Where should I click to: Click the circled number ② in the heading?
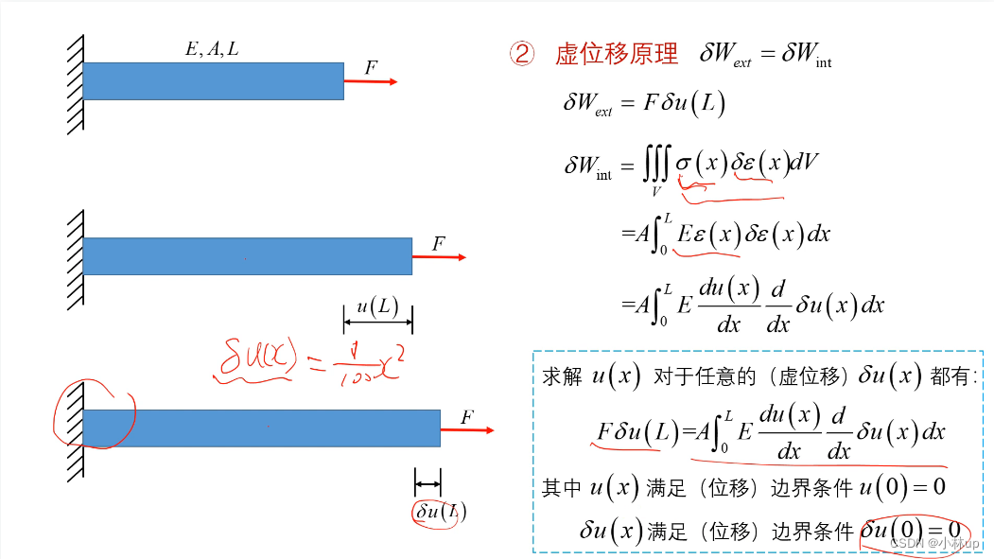coord(523,54)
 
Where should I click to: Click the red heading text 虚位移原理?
coord(617,54)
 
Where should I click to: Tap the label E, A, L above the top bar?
coord(212,49)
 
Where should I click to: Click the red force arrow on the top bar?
coord(371,82)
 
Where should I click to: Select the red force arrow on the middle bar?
coord(440,256)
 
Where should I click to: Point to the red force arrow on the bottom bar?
coord(468,430)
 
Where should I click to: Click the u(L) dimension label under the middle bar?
coord(377,306)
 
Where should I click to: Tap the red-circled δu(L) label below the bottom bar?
coord(441,511)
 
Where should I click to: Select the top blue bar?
coord(213,81)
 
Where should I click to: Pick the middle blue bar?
coord(247,256)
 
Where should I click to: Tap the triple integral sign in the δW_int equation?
coord(655,167)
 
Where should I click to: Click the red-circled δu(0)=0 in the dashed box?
coord(914,531)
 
